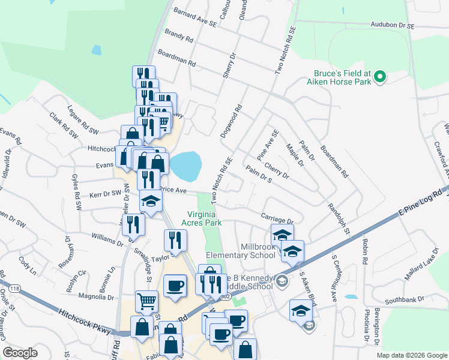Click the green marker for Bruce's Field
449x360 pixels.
[x=379, y=77]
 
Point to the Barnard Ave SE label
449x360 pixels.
[x=194, y=17]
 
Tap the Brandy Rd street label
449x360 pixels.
[x=179, y=37]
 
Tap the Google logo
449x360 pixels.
[x=20, y=353]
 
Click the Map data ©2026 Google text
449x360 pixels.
[x=412, y=355]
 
